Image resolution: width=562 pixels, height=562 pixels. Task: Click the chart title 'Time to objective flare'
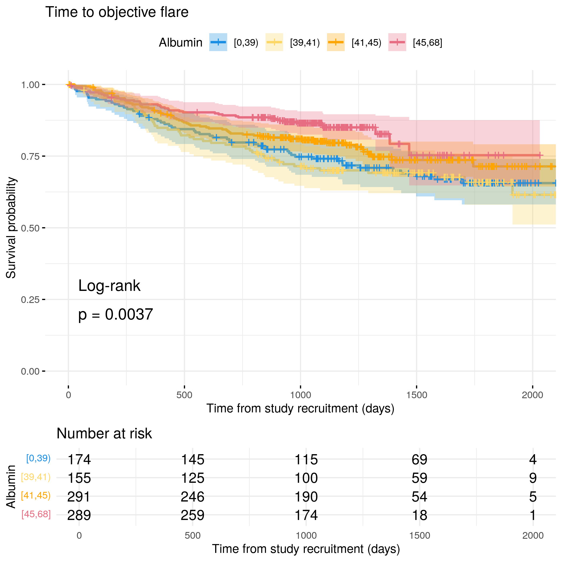pos(117,13)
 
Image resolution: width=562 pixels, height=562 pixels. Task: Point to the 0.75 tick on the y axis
pos(44,156)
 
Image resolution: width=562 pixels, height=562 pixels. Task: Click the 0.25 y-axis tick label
pos(30,300)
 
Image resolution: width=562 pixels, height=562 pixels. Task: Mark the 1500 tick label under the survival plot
pos(417,395)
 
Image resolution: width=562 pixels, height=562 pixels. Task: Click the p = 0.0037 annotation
pos(116,314)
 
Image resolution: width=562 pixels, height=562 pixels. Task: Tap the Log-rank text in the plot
pos(109,286)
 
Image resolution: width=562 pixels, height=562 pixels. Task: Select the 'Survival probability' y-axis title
pos(11,228)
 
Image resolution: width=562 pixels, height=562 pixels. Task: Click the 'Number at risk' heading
pos(104,434)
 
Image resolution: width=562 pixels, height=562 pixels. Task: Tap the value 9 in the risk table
pos(533,478)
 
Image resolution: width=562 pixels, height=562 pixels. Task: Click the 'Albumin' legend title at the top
pos(180,43)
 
